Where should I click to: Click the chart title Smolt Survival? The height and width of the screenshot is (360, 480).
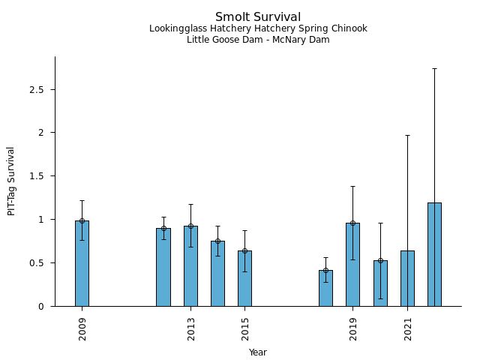coord(258,17)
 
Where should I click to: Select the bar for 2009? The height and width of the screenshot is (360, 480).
coord(82,263)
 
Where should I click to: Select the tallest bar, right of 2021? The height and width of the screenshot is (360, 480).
coord(434,255)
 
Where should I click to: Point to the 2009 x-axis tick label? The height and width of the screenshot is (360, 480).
coord(82,328)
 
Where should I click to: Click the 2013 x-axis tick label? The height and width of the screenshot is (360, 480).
coord(191,328)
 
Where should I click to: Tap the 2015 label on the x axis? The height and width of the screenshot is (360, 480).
coord(245,328)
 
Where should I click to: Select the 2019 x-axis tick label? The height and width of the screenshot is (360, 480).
coord(353,328)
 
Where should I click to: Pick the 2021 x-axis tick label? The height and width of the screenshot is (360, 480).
coord(408,328)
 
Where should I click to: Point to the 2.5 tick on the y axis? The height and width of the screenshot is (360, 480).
coord(37,89)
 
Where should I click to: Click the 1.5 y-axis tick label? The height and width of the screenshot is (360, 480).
coord(37,176)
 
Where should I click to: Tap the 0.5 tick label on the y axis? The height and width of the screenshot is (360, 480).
coord(37,263)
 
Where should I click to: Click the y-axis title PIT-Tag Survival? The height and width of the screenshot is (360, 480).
coord(11,181)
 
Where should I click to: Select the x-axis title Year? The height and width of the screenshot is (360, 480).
coord(258,352)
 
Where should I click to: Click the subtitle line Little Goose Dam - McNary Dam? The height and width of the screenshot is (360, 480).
coord(258,40)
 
